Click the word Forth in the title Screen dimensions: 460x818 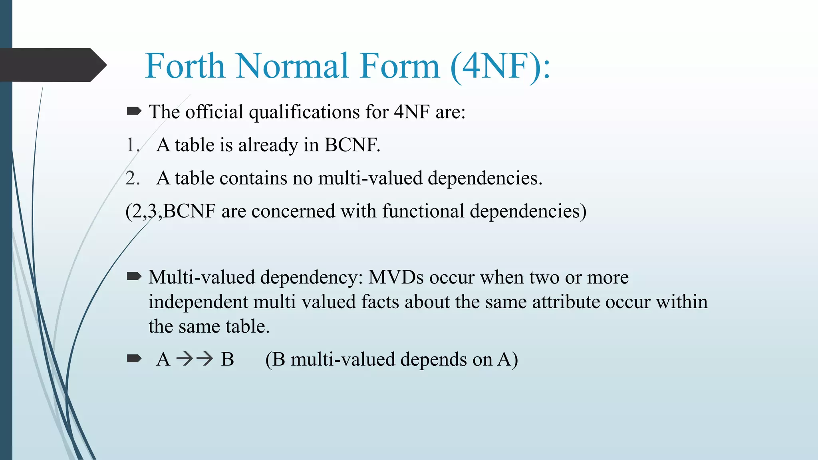(x=185, y=66)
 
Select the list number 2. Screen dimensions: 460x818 (x=132, y=178)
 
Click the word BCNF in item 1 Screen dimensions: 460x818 (x=351, y=145)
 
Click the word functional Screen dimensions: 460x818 (x=423, y=211)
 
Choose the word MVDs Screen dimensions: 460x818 (x=395, y=277)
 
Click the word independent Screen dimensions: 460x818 (x=198, y=302)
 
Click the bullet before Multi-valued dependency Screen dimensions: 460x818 (x=133, y=276)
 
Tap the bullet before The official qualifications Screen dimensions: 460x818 (x=133, y=111)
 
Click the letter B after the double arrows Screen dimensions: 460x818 (x=227, y=359)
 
